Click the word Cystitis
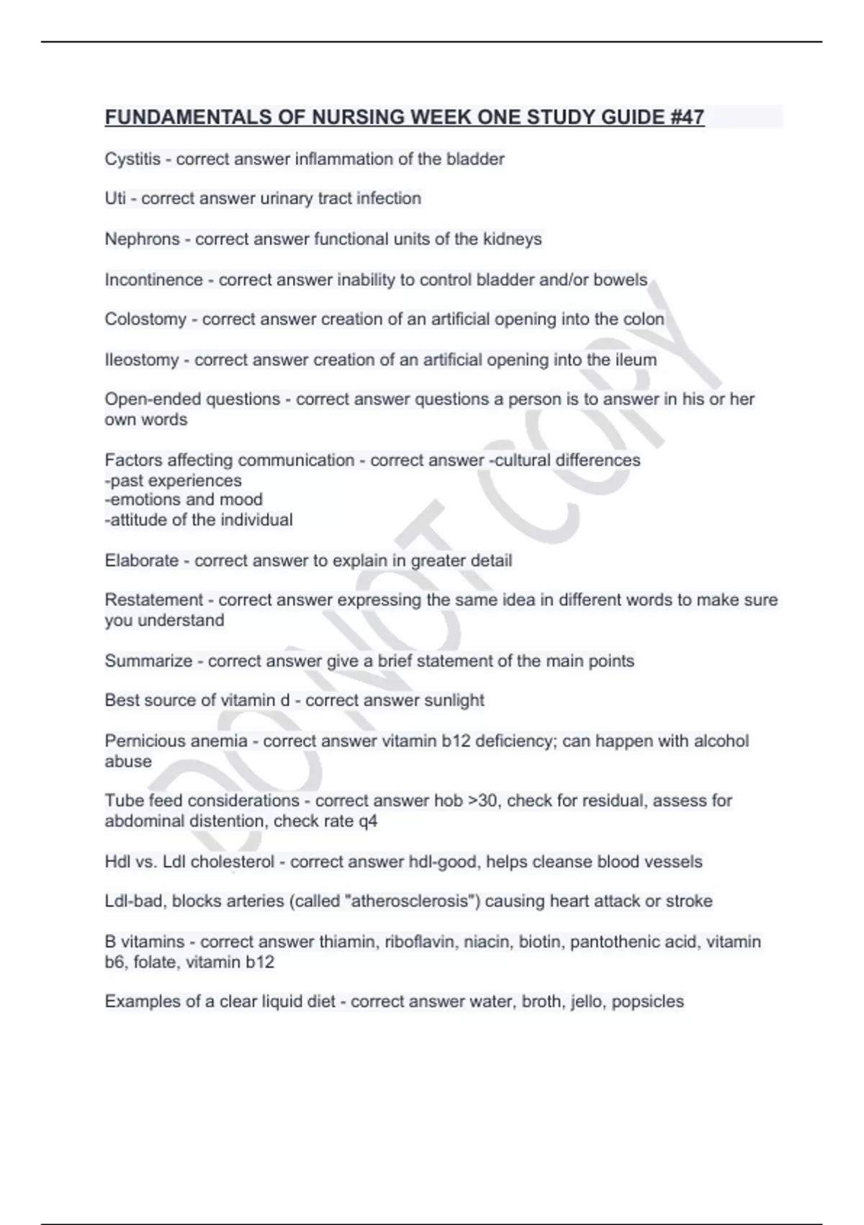click(x=132, y=159)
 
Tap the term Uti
click(x=115, y=199)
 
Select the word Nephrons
click(x=142, y=239)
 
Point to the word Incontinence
click(x=153, y=280)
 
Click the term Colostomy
click(x=145, y=319)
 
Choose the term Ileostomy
click(x=142, y=360)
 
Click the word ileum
click(x=636, y=360)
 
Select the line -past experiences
click(x=173, y=481)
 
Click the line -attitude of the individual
click(x=199, y=520)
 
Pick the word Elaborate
click(x=142, y=561)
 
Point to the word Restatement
click(x=154, y=600)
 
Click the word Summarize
click(x=148, y=661)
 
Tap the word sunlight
click(x=454, y=700)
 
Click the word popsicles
click(x=647, y=1002)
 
